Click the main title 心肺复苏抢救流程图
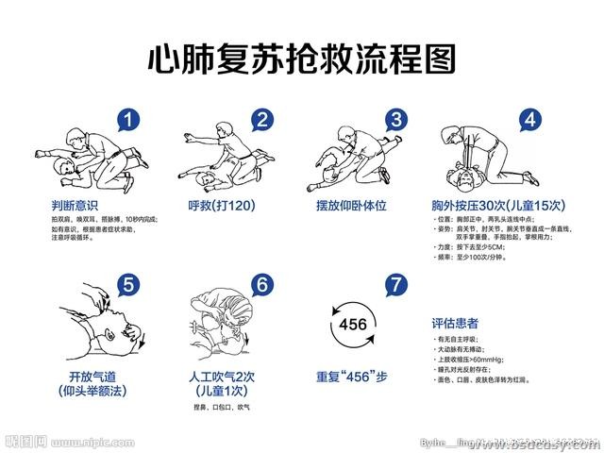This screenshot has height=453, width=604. (302, 59)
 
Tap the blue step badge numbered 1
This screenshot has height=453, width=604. (133, 120)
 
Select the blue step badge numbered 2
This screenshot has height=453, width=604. (263, 120)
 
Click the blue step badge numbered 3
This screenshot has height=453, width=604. (396, 120)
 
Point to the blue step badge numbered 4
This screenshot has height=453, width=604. (532, 120)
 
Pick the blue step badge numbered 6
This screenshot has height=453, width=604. (263, 283)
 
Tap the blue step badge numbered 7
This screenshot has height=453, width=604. (396, 283)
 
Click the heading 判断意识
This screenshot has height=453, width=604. (75, 205)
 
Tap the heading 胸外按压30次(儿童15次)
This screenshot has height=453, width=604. (492, 205)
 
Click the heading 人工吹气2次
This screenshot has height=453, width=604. (223, 376)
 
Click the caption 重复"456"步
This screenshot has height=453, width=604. (351, 376)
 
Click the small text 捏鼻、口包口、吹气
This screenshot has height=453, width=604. (222, 407)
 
